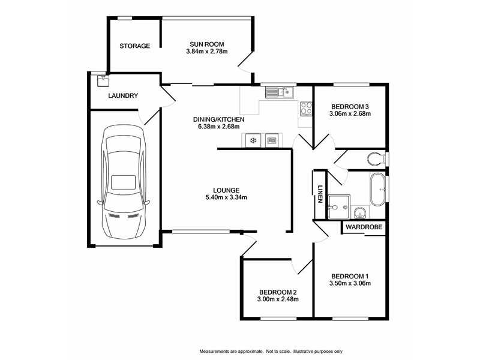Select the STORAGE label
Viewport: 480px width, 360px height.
134,46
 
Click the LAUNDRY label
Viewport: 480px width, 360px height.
124,96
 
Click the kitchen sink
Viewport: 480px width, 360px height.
278,92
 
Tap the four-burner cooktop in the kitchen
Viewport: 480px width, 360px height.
306,109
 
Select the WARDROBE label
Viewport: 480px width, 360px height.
362,227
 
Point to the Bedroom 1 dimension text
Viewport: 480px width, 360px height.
350,283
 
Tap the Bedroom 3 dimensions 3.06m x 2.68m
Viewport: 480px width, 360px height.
350,113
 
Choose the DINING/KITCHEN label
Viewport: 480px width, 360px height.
218,120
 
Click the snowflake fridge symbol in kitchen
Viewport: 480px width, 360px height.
253,140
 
